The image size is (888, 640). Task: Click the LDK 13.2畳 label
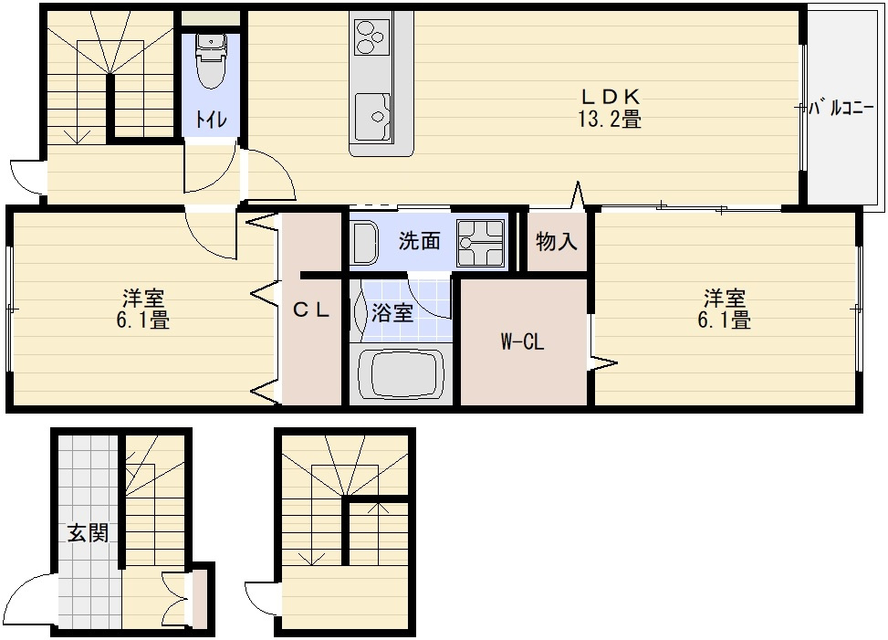coord(610,108)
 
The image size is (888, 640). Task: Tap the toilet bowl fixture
coord(211,60)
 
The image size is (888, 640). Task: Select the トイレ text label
coord(211,120)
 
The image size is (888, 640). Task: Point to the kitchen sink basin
coord(373,117)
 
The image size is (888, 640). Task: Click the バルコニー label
coord(844,108)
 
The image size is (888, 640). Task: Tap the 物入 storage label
coord(556,242)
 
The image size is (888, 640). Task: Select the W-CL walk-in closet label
coord(522,341)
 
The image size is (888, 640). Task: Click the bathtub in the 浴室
coord(401,375)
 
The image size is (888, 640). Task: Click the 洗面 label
coord(419,241)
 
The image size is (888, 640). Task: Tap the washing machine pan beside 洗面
coord(481,243)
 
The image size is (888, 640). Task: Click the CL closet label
coord(311,310)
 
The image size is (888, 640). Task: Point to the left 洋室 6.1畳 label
coord(142,309)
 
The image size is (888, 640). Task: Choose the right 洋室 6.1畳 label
coord(725,309)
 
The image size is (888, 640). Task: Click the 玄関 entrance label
coord(89,532)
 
